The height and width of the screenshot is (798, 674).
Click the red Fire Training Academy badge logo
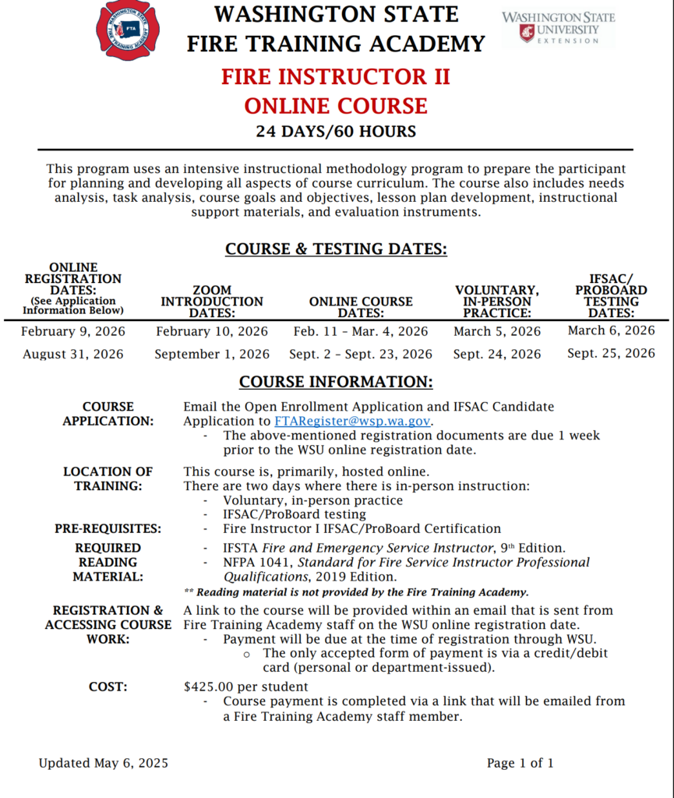tap(127, 30)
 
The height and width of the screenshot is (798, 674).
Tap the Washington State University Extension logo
tap(558, 28)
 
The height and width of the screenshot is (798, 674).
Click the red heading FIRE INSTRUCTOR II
tap(336, 77)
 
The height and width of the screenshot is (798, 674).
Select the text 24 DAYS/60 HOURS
tap(336, 131)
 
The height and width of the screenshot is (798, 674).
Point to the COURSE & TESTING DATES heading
tap(336, 249)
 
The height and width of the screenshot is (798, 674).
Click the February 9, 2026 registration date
tap(73, 331)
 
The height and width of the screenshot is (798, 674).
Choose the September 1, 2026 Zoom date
tap(212, 354)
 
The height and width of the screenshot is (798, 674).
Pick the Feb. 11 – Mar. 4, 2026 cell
tap(361, 331)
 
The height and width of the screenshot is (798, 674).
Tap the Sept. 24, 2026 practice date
tap(497, 354)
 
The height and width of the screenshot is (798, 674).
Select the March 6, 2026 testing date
tap(611, 330)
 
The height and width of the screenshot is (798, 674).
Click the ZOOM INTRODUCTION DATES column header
tap(212, 302)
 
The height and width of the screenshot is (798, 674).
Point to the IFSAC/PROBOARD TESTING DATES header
tap(611, 295)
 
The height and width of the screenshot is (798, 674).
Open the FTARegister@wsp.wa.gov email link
tap(352, 421)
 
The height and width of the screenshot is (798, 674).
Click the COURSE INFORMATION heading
tap(336, 382)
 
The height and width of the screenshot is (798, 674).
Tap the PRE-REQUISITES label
tap(108, 528)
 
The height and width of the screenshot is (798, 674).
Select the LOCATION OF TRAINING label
tap(108, 478)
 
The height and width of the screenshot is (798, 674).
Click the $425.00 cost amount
tap(209, 687)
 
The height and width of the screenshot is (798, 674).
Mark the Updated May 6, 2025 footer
tap(104, 763)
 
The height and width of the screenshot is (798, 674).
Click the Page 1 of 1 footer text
tap(520, 763)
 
